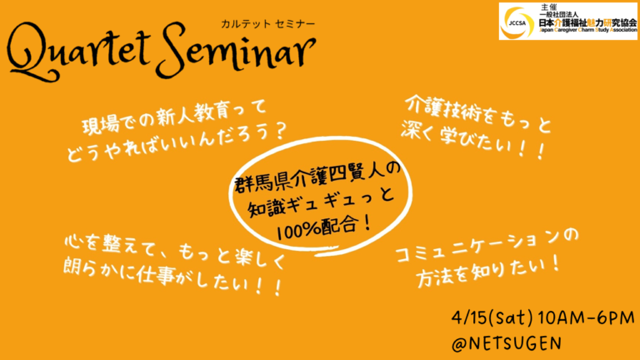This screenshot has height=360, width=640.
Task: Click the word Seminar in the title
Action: [x=237, y=51]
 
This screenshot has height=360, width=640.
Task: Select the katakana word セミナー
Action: [x=296, y=24]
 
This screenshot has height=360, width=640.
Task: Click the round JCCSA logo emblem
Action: [x=517, y=22]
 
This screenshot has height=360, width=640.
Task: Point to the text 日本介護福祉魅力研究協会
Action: [x=587, y=22]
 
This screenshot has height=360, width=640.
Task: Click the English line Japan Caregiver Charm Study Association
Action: [x=587, y=30]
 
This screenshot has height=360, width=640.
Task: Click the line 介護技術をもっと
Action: [x=477, y=114]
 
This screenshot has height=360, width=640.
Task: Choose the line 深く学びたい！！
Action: [x=472, y=140]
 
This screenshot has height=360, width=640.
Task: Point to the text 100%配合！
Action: [x=324, y=227]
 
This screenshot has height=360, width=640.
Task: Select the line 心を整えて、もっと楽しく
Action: [x=175, y=250]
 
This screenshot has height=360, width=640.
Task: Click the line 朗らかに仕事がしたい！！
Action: [x=172, y=277]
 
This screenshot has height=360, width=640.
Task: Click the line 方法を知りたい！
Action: [x=488, y=271]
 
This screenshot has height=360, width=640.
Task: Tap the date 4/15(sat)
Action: [x=492, y=318]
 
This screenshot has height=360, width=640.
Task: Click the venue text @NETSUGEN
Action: [x=506, y=343]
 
